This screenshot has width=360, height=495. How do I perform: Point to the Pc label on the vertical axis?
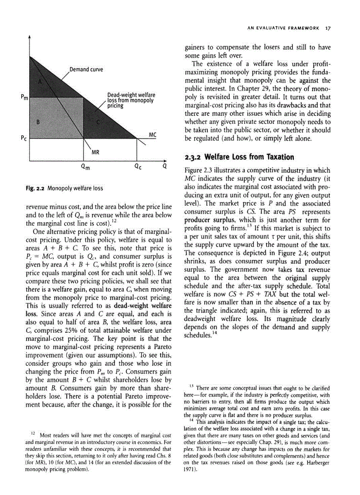[x=24, y=138]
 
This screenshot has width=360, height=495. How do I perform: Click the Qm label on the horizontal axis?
[x=85, y=167]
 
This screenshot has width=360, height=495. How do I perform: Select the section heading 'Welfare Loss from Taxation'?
[x=247, y=157]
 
